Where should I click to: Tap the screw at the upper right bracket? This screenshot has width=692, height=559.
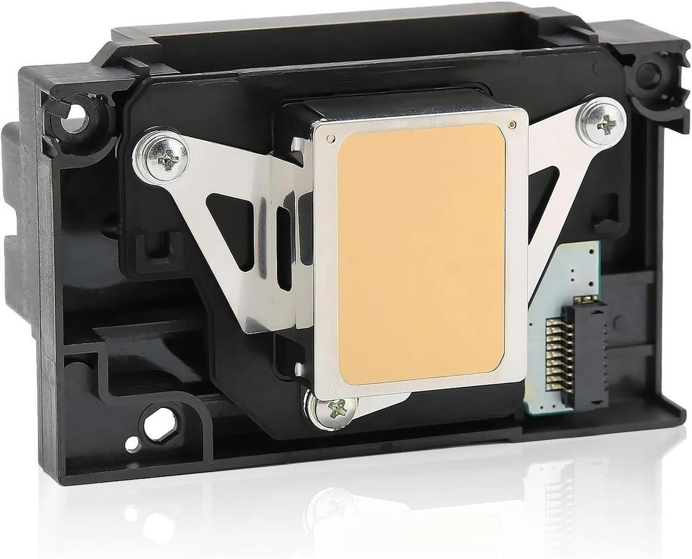[x=604, y=123]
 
